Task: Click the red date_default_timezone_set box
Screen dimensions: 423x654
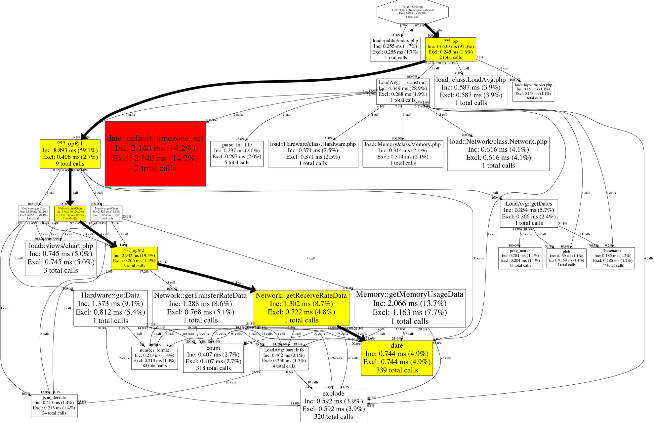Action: [x=155, y=154]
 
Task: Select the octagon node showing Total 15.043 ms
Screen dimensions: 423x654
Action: [x=412, y=12]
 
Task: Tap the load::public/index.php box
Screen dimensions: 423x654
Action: [x=395, y=49]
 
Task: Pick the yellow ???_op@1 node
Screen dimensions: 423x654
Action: [x=70, y=154]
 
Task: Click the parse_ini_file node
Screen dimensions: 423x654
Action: [x=237, y=154]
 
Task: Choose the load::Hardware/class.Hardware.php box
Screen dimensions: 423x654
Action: [x=313, y=154]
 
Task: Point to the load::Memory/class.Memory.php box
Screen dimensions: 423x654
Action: [x=402, y=154]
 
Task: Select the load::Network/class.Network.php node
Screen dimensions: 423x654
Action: [x=498, y=154]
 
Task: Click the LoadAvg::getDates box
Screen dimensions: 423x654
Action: [x=529, y=213]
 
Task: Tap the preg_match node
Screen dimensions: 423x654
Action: [x=520, y=258]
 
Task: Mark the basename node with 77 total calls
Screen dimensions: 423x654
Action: [x=612, y=258]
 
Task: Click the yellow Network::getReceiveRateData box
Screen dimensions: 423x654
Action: [x=301, y=308]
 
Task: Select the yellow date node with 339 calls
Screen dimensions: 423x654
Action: [x=397, y=358]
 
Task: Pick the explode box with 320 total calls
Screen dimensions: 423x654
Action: [x=333, y=405]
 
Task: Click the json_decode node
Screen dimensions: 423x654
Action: [x=54, y=405]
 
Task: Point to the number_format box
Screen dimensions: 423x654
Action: [x=154, y=358]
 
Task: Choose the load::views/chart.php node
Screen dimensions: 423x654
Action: [x=61, y=258]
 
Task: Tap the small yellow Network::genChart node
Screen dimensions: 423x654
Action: [x=70, y=213]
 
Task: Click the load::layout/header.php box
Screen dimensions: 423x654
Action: [x=533, y=92]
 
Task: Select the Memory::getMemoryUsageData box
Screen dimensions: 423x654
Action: [x=409, y=308]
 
